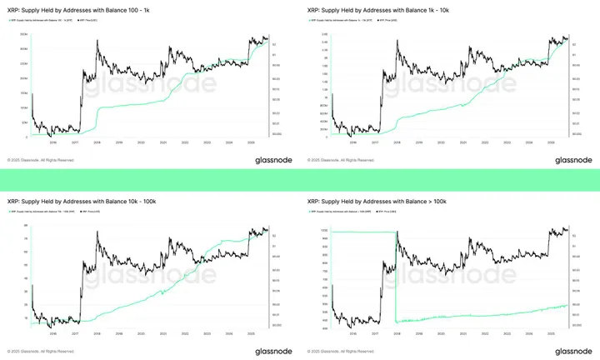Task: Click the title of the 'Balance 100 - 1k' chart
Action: point(77,12)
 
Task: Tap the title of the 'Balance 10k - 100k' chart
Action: point(80,202)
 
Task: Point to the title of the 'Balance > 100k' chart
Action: point(375,202)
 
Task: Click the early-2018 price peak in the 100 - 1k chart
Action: point(98,39)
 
